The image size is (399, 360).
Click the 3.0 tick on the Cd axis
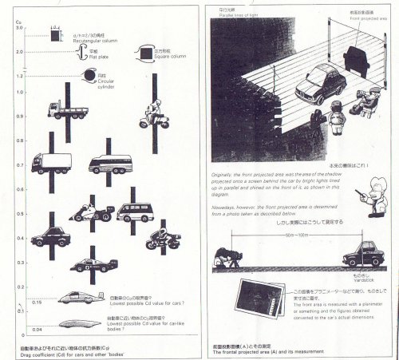point(19,28)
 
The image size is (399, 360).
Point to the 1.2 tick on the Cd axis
point(19,76)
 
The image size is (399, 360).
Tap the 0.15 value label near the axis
point(38,304)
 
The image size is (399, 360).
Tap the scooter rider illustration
point(155,116)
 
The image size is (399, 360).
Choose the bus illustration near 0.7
point(110,164)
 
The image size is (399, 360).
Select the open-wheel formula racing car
point(93,265)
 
